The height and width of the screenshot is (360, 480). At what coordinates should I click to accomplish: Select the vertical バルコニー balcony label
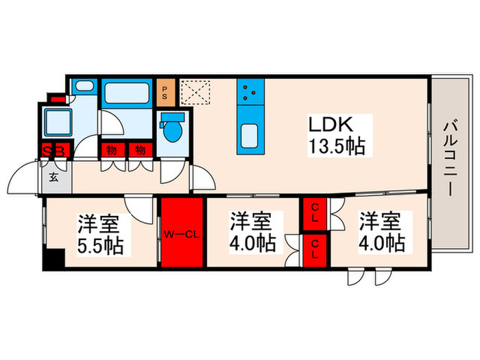[x=451, y=157]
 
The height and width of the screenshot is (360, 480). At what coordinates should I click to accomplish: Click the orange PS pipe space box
[x=165, y=91]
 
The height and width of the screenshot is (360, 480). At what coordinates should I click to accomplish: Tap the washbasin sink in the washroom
[x=84, y=87]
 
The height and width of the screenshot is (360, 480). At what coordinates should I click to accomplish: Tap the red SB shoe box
[x=53, y=151]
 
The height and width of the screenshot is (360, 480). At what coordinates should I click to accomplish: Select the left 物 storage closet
[x=110, y=150]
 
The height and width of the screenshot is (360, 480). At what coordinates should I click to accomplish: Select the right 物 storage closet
[x=140, y=150]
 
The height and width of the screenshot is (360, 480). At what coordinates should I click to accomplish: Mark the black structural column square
[x=51, y=261]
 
